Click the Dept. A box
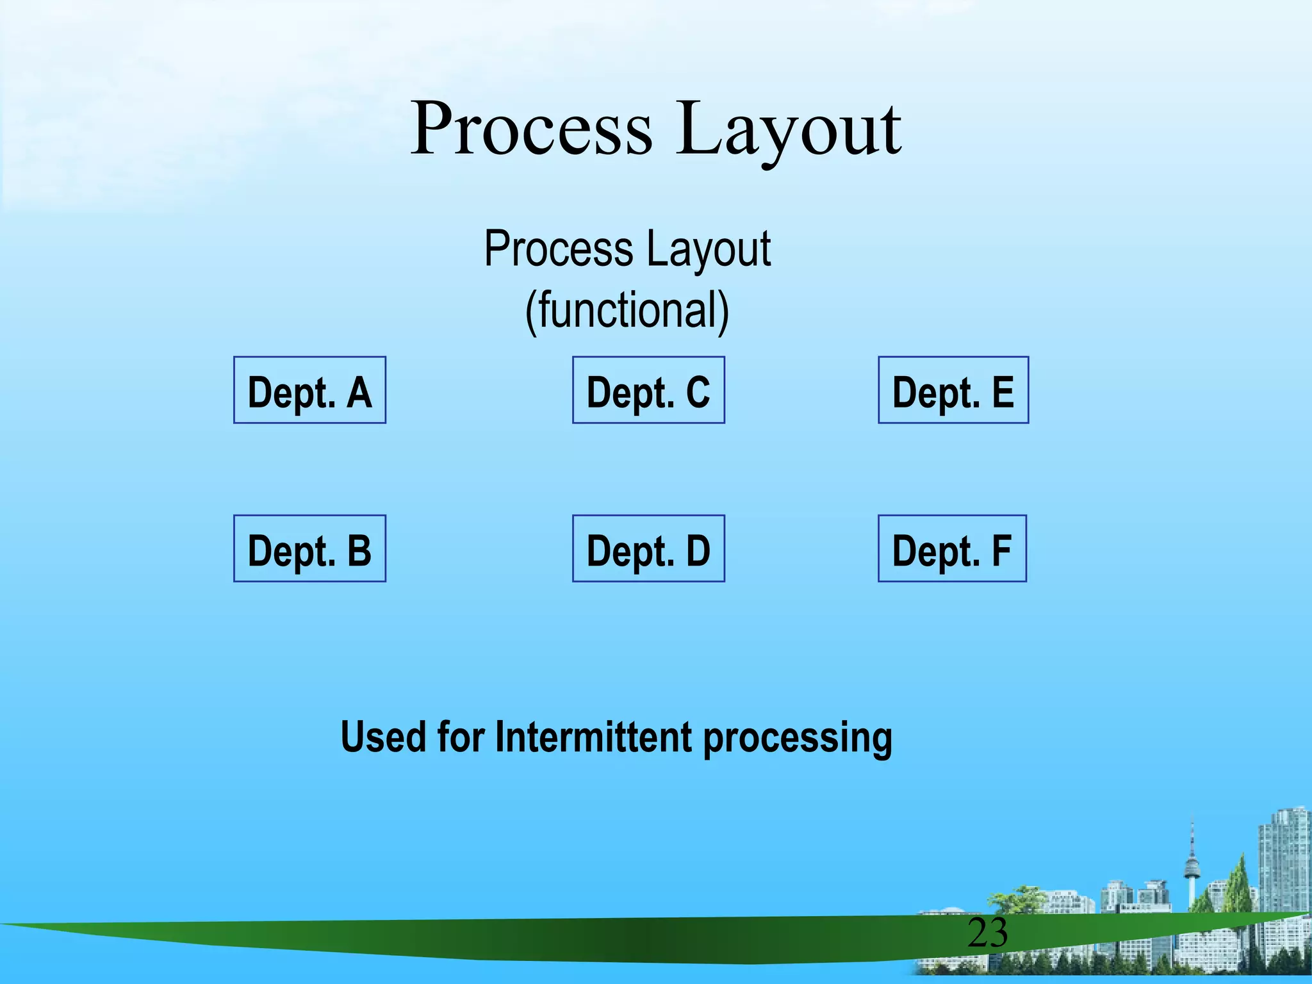[x=309, y=390]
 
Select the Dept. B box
[x=309, y=548]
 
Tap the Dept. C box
[x=648, y=390]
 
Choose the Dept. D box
[x=648, y=548]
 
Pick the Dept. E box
[x=953, y=390]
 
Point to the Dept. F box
[x=952, y=548]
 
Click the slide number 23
[x=987, y=933]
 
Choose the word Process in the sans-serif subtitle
[x=559, y=249]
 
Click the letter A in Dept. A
[x=359, y=392]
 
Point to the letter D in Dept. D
[x=698, y=550]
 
